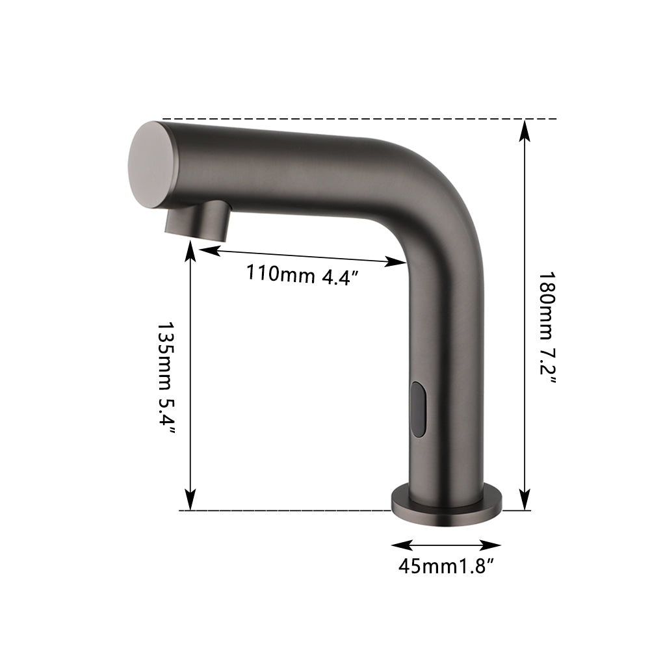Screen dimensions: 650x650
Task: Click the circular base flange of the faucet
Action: click(x=446, y=503)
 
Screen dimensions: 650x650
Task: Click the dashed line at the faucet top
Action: click(x=357, y=120)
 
